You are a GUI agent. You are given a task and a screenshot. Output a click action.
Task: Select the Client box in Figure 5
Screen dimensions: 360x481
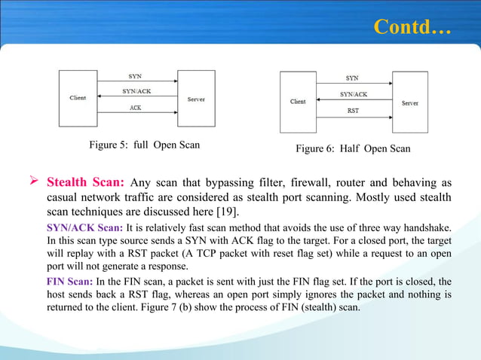tap(78, 97)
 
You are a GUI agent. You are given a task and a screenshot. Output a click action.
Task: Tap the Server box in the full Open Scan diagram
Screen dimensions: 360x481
tap(196, 98)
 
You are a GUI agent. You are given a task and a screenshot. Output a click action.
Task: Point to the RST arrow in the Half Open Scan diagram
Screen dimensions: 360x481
tap(352, 116)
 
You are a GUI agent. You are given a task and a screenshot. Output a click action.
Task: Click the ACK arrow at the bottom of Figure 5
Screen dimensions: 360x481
tap(136, 114)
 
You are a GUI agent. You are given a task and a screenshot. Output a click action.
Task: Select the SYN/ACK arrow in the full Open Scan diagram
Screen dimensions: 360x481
tap(136, 97)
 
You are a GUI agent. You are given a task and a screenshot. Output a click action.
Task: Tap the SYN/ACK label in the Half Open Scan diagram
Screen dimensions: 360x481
tap(353, 94)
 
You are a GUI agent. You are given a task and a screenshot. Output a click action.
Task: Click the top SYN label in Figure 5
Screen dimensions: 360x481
tap(136, 76)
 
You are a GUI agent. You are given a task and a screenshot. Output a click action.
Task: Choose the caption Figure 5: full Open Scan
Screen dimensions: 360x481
tap(143, 144)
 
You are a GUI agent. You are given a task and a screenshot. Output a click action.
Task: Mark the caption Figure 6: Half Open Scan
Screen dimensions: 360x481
tap(353, 148)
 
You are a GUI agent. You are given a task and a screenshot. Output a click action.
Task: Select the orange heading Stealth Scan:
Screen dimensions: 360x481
tap(86, 182)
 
